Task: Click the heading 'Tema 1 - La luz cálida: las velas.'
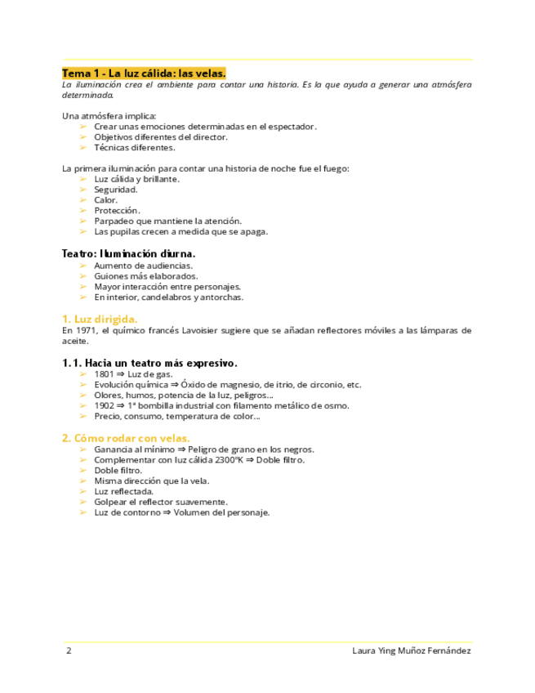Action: point(144,73)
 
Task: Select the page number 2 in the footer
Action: point(69,651)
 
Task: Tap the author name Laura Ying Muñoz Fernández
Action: point(411,651)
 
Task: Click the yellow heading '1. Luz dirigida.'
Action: point(100,319)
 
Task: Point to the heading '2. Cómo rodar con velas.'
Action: point(127,437)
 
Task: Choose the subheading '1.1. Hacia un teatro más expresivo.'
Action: point(149,362)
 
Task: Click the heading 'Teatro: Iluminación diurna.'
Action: point(128,253)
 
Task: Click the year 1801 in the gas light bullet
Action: point(104,374)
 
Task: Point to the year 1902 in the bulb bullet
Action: point(104,405)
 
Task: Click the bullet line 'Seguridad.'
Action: point(115,190)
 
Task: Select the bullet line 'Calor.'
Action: point(105,200)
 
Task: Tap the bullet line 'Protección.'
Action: point(117,211)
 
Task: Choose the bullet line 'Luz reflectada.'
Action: point(124,492)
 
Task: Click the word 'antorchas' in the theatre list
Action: point(222,297)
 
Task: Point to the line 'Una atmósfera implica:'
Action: point(109,116)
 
